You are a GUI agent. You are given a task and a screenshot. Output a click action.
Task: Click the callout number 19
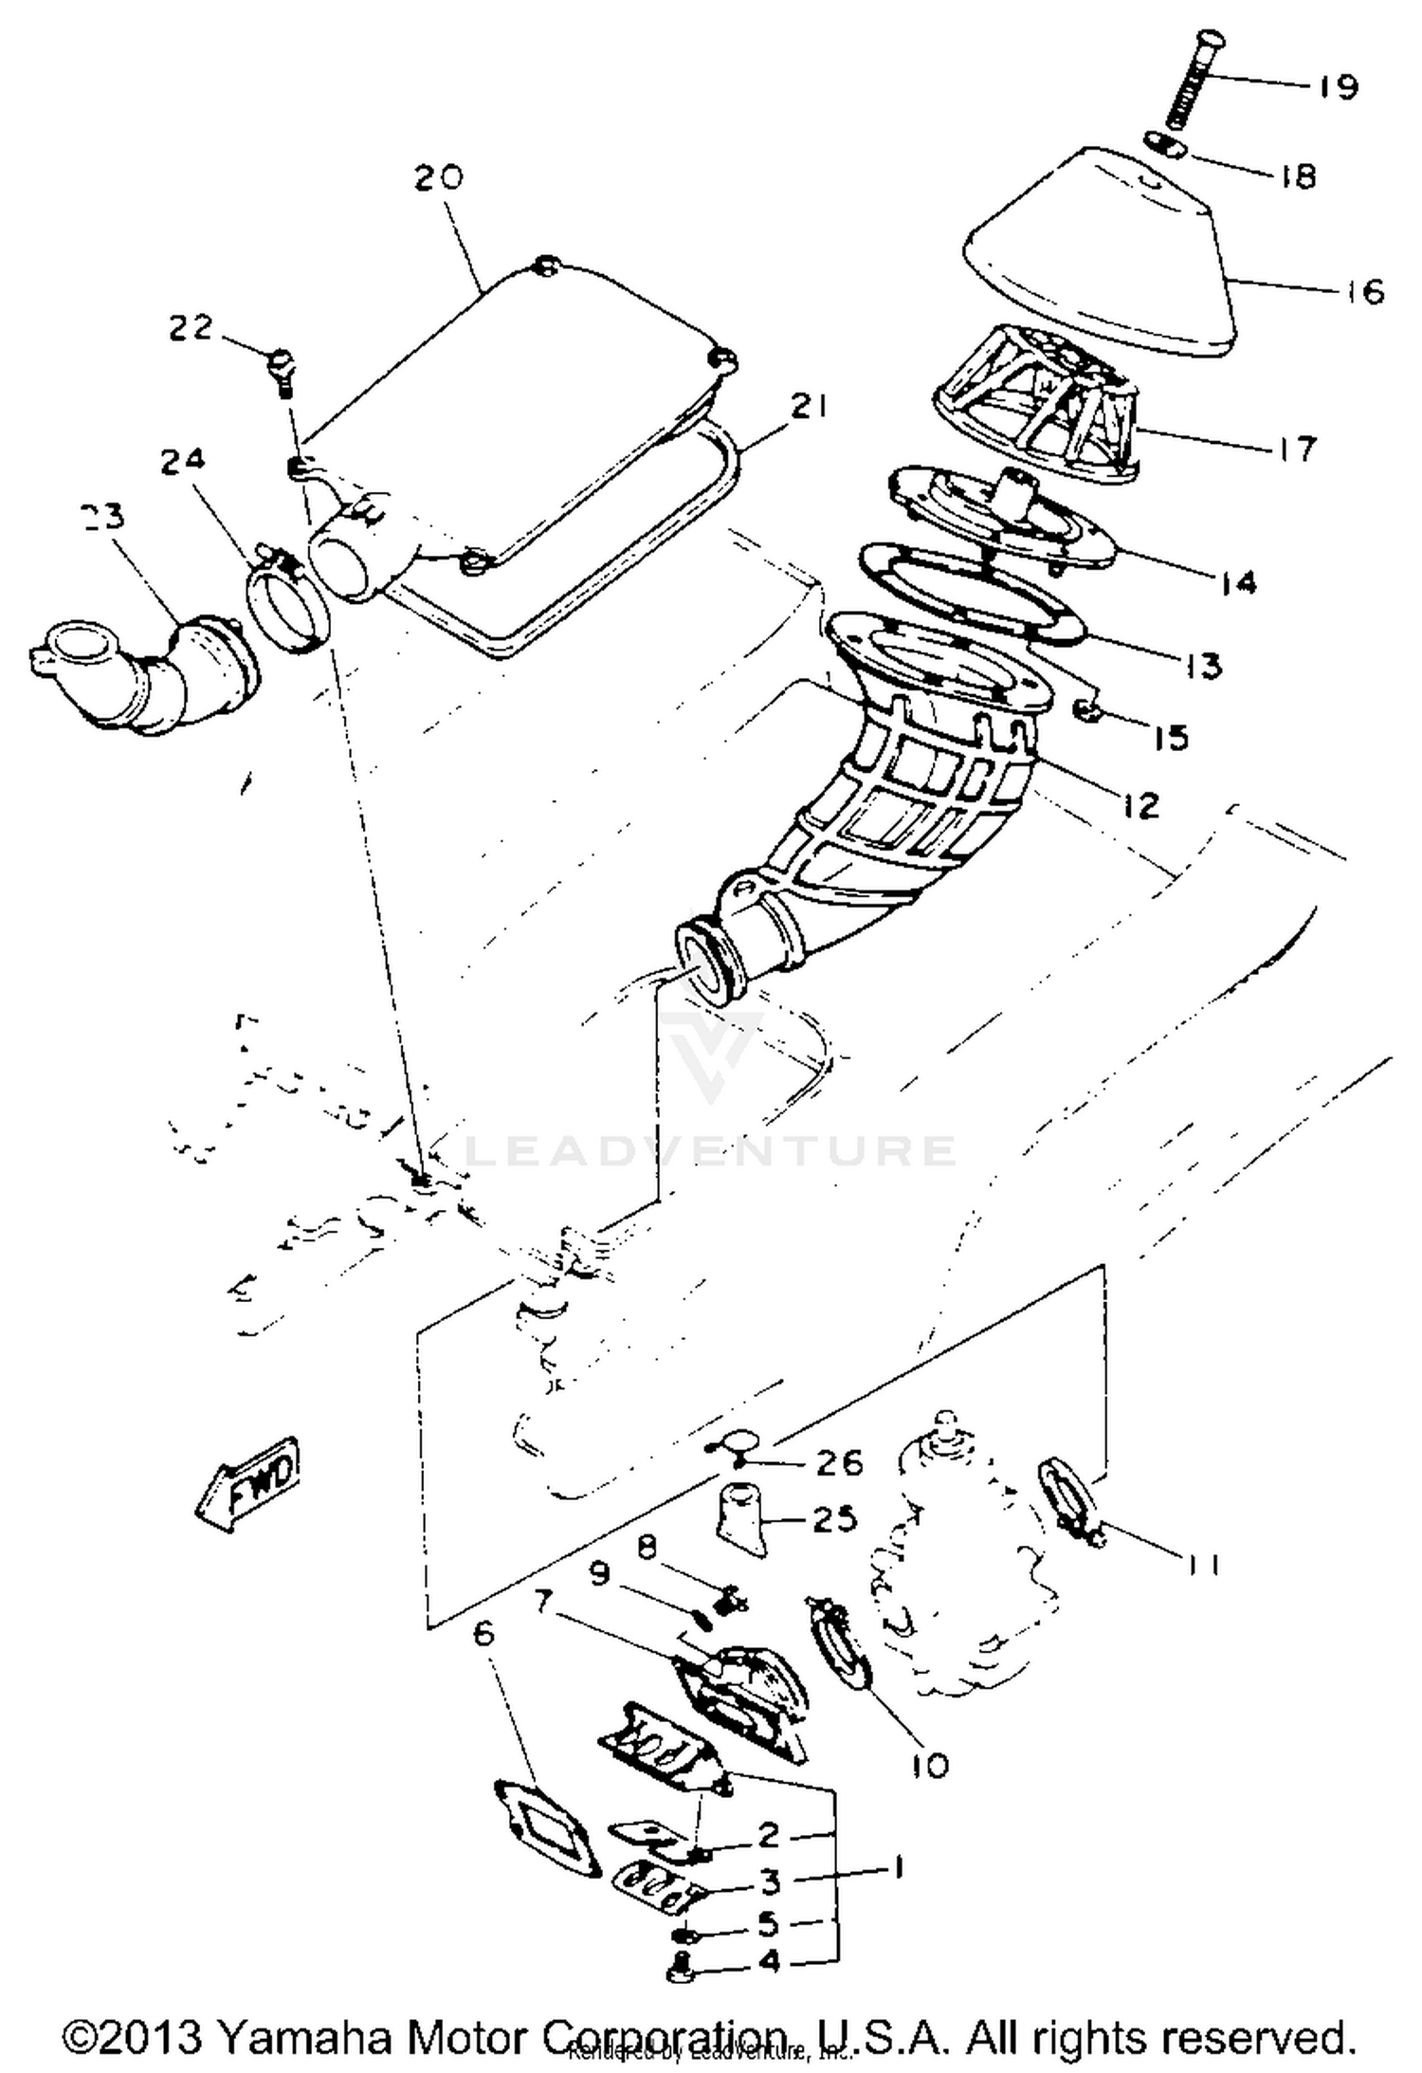click(x=1338, y=87)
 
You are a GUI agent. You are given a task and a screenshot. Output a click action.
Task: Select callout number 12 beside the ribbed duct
click(x=1140, y=806)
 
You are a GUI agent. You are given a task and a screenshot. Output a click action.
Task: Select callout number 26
click(x=839, y=1463)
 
